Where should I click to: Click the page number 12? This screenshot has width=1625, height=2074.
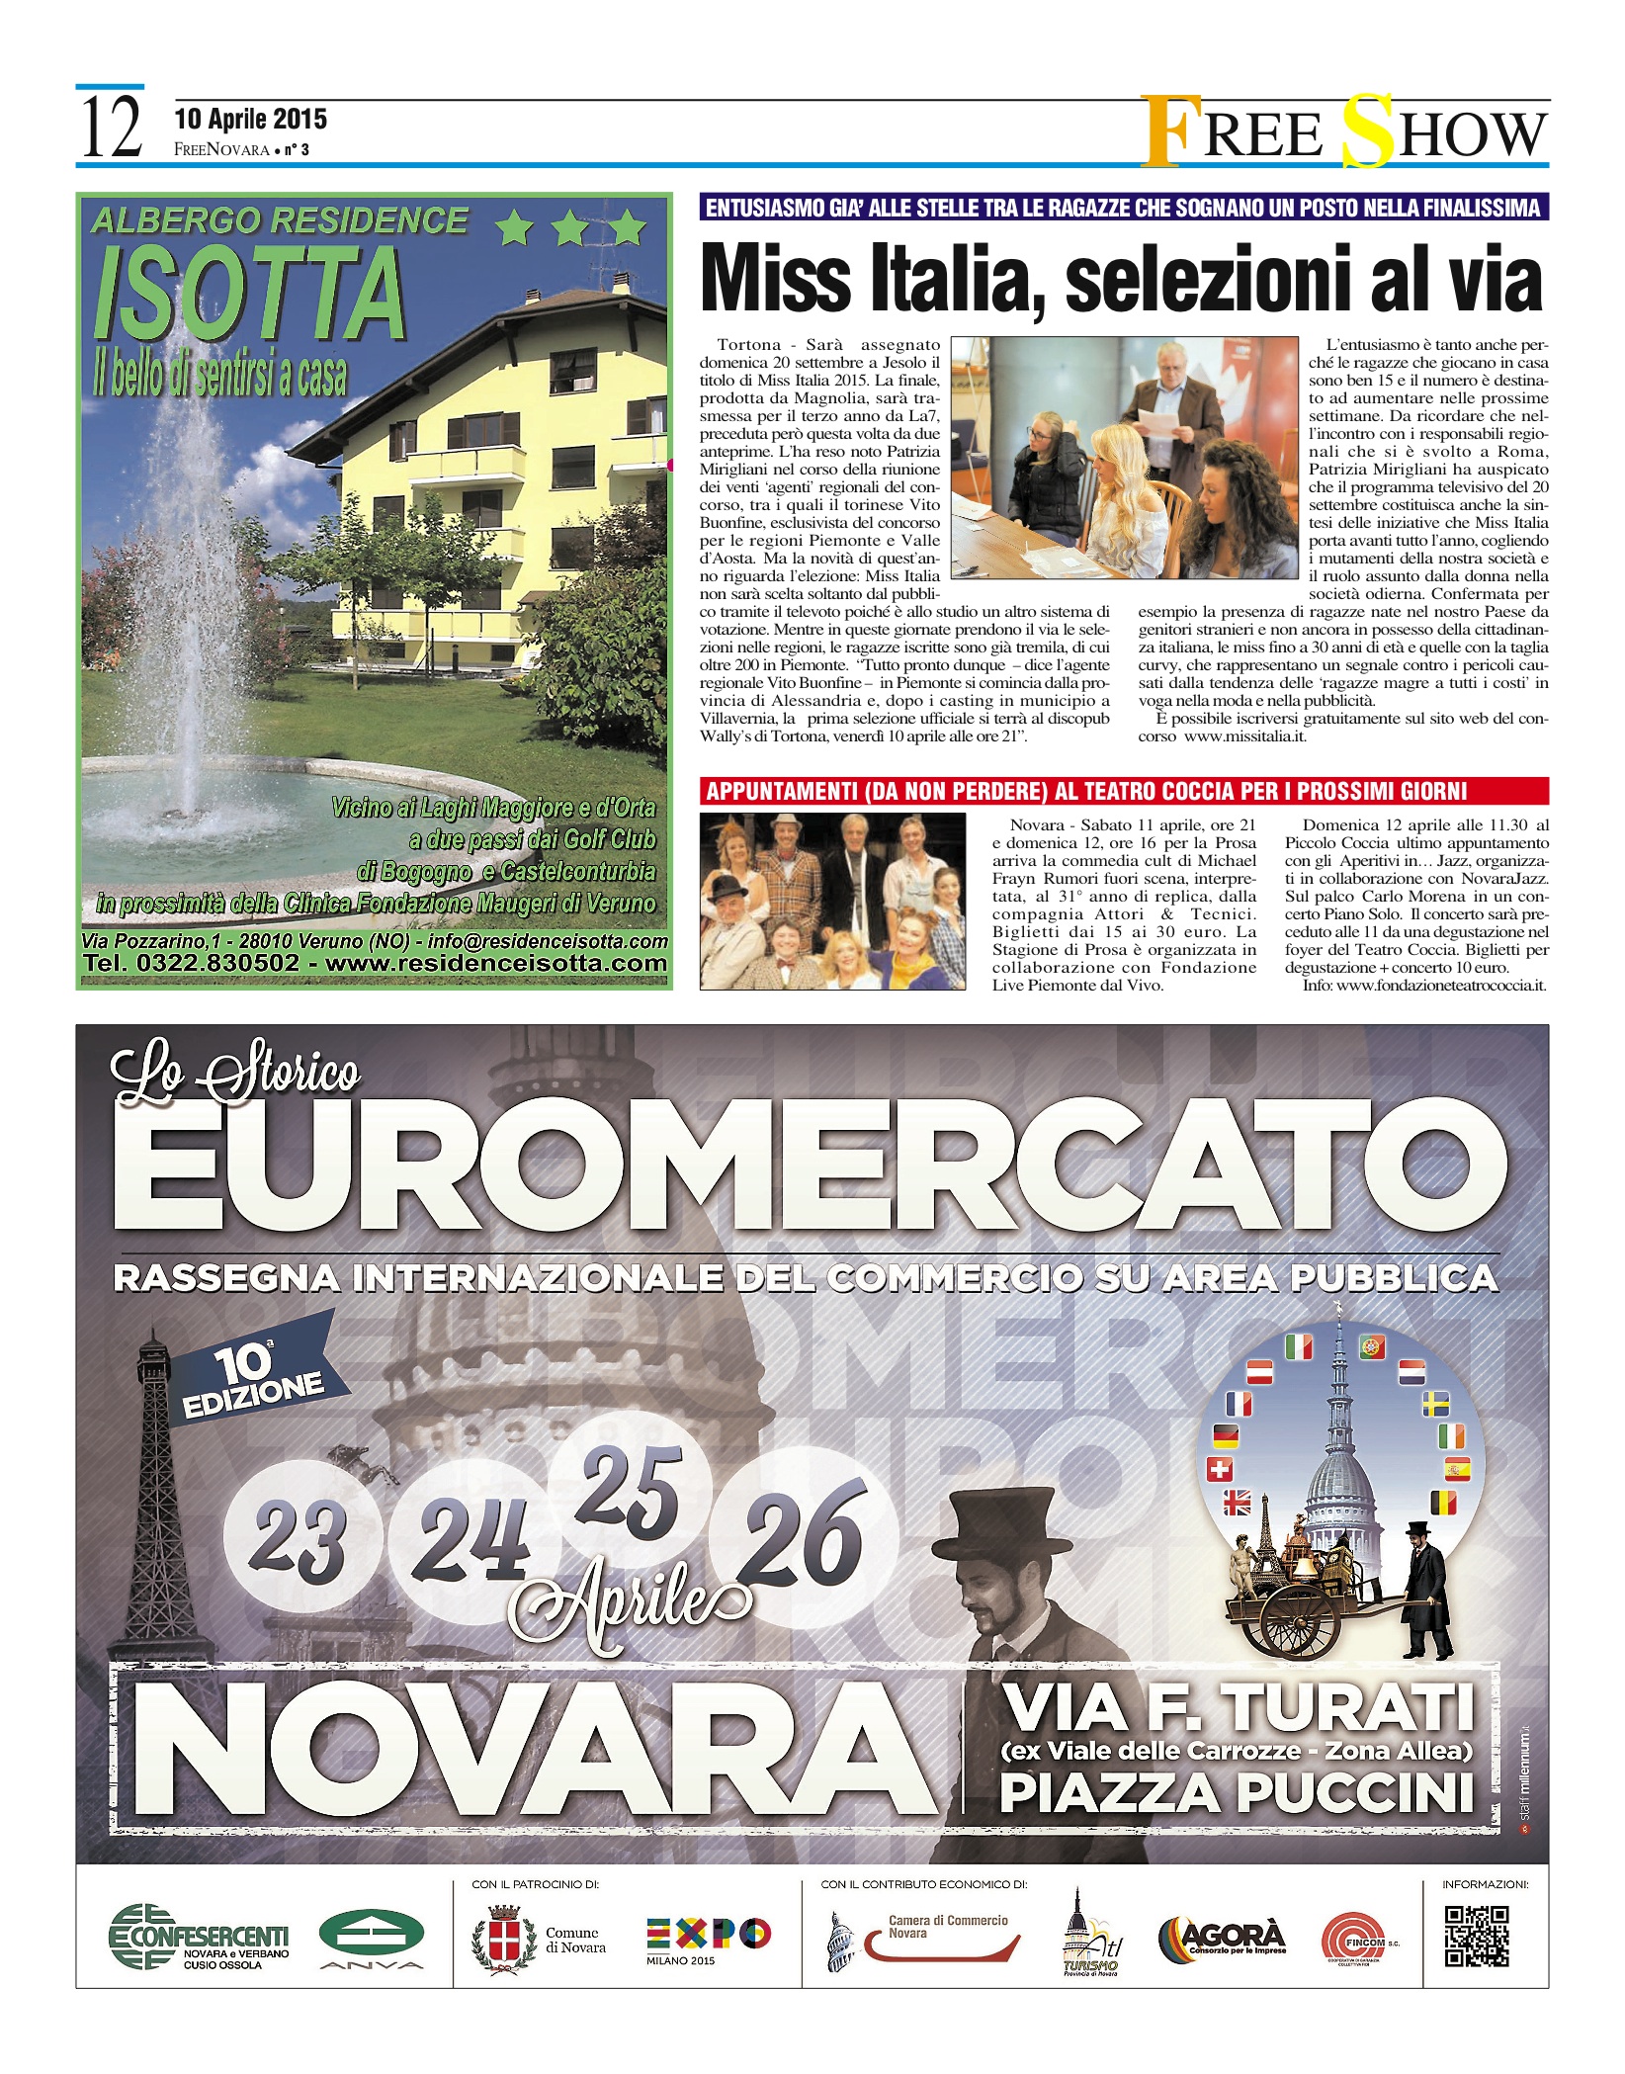(110, 130)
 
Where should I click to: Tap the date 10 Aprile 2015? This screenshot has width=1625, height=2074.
(250, 120)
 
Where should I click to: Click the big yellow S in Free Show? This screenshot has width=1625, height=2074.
(1367, 130)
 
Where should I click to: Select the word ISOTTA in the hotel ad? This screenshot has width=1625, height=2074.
(250, 294)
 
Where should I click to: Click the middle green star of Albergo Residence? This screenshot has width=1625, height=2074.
(570, 229)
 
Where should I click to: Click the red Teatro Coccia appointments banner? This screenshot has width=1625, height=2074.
(1123, 791)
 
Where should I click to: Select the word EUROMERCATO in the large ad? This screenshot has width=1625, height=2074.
(811, 1172)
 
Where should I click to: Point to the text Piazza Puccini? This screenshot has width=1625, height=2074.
(1236, 1793)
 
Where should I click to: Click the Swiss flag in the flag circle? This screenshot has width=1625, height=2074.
(1221, 1470)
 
